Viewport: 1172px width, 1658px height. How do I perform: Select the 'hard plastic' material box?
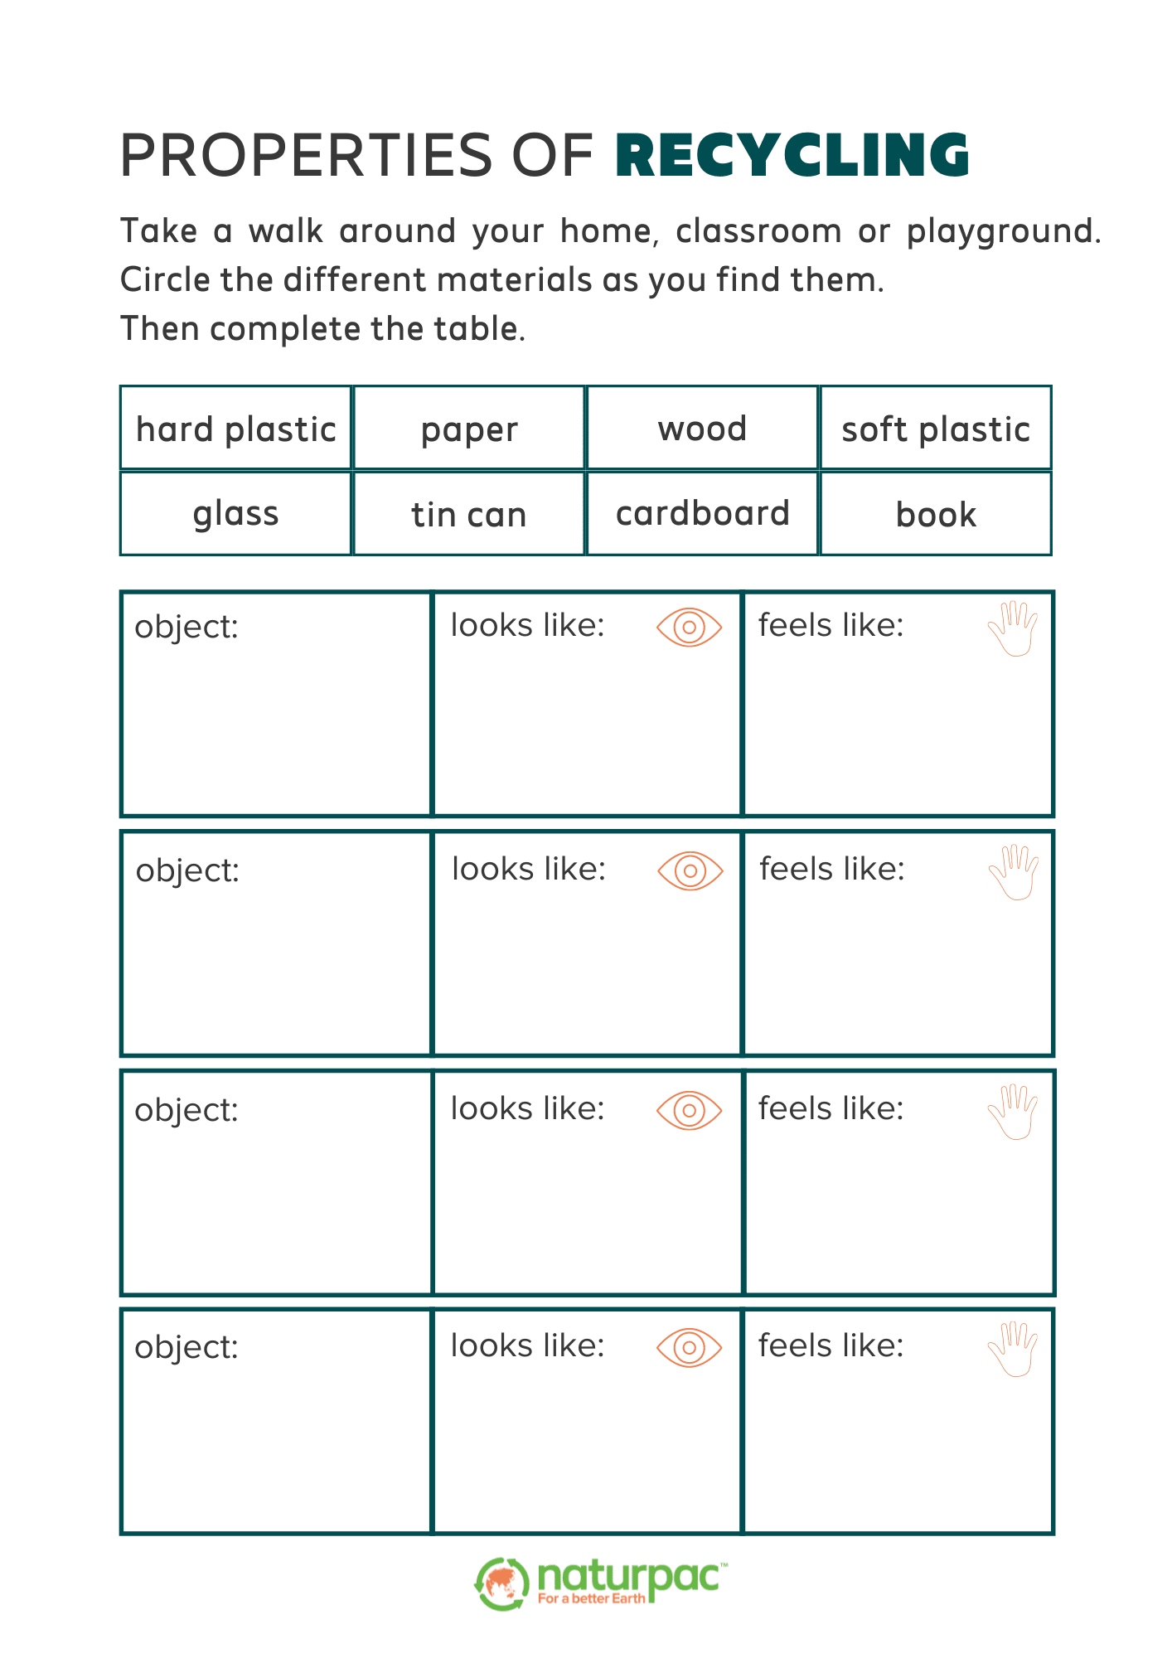click(236, 429)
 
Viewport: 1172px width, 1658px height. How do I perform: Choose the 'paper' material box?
click(469, 429)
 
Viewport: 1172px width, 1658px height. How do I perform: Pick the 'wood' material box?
click(702, 429)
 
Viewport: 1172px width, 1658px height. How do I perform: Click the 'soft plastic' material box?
click(936, 429)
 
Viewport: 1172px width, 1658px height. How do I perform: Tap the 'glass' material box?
click(236, 514)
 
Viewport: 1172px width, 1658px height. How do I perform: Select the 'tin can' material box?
click(469, 514)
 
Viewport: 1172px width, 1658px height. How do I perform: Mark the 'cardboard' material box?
click(702, 514)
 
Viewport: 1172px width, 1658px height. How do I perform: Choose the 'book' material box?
click(936, 514)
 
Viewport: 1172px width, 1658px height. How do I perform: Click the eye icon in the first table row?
click(689, 628)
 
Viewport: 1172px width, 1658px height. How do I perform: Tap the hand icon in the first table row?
click(1013, 629)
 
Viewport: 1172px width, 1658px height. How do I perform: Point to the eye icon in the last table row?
click(689, 1347)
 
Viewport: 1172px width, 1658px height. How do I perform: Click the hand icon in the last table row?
click(1013, 1349)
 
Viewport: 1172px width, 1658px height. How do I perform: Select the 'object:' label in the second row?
click(187, 871)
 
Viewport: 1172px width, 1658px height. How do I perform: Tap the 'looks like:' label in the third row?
click(527, 1109)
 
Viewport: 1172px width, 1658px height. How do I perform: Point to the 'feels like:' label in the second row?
click(831, 870)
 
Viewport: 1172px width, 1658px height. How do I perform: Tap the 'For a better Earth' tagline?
click(591, 1598)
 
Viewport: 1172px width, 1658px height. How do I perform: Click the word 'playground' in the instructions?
click(1002, 232)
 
